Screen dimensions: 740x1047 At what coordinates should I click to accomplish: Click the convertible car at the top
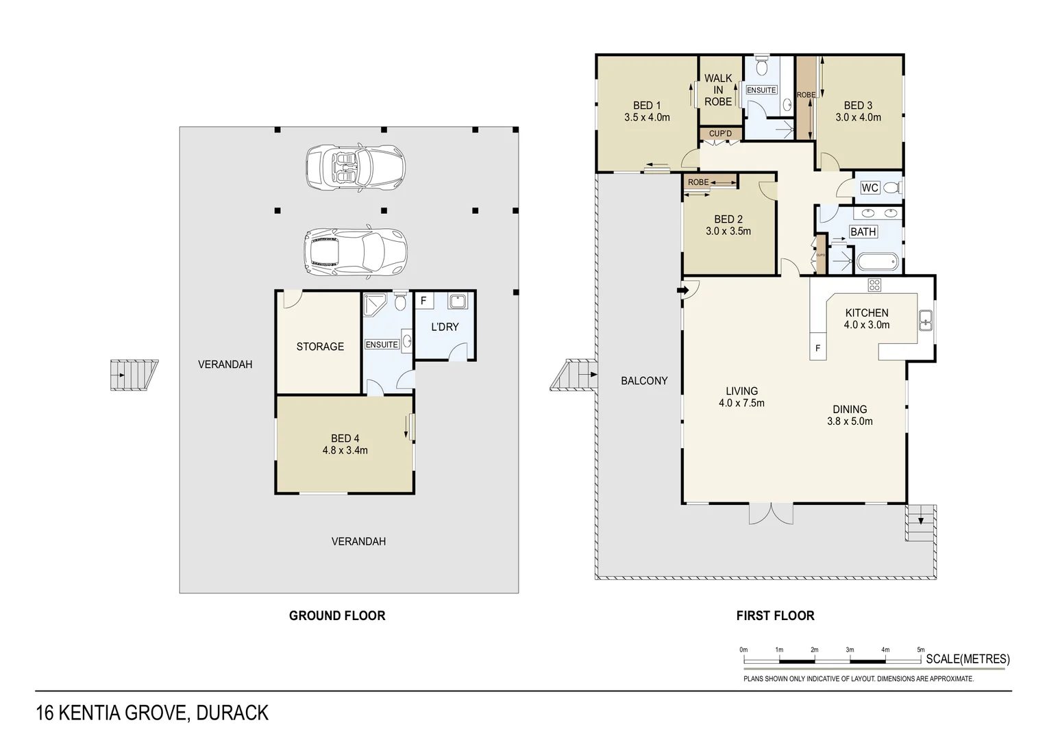(355, 167)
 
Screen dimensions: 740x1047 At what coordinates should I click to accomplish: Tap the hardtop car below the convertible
(355, 251)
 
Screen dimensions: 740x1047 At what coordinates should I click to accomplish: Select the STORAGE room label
(320, 347)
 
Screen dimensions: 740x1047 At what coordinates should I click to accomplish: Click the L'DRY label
(445, 327)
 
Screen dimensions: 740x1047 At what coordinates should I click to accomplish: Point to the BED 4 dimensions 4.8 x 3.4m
(345, 450)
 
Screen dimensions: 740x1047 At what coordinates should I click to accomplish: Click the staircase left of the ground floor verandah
(134, 375)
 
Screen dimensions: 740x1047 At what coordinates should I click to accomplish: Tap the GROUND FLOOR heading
(337, 615)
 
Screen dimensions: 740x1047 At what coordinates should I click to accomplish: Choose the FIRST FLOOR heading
(775, 615)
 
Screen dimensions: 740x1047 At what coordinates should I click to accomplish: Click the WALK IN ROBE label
(718, 90)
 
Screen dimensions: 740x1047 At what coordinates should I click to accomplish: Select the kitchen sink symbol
(925, 320)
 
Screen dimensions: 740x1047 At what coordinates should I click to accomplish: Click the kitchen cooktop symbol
(874, 284)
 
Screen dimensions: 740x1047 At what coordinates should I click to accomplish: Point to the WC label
(870, 188)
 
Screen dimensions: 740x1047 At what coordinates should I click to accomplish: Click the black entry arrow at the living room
(683, 291)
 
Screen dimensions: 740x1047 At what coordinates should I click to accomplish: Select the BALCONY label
(644, 381)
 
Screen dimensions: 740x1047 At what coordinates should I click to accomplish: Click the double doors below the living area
(771, 513)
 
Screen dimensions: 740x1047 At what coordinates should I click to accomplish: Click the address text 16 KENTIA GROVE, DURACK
(152, 713)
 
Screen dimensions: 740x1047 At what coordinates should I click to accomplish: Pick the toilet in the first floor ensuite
(761, 67)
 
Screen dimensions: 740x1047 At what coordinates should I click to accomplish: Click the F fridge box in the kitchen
(817, 348)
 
